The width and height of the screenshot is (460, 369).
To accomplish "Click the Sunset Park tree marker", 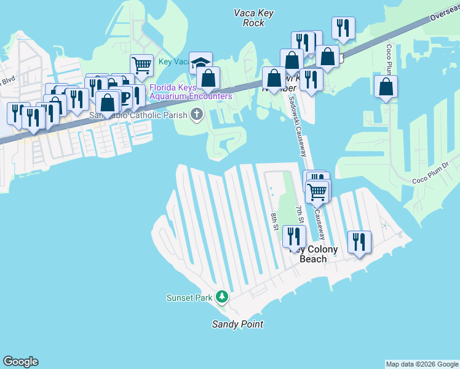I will (221, 298).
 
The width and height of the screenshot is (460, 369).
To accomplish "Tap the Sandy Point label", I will (237, 324).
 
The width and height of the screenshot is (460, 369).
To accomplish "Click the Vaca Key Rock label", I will (253, 18).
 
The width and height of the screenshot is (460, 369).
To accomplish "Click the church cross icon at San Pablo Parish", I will (197, 114).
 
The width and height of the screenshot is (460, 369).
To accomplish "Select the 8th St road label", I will (275, 222).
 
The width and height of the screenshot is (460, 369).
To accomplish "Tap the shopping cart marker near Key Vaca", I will (141, 65).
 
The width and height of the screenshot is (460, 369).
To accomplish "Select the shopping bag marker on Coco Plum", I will (386, 88).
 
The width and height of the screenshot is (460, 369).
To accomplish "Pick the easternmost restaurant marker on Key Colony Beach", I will (359, 241).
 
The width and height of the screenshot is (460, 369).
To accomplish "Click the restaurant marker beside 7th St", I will (294, 236).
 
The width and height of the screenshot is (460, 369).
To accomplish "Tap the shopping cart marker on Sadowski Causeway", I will (317, 191).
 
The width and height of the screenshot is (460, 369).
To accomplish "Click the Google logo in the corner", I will (20, 362).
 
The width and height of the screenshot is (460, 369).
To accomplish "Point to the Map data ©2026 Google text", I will (422, 364).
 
